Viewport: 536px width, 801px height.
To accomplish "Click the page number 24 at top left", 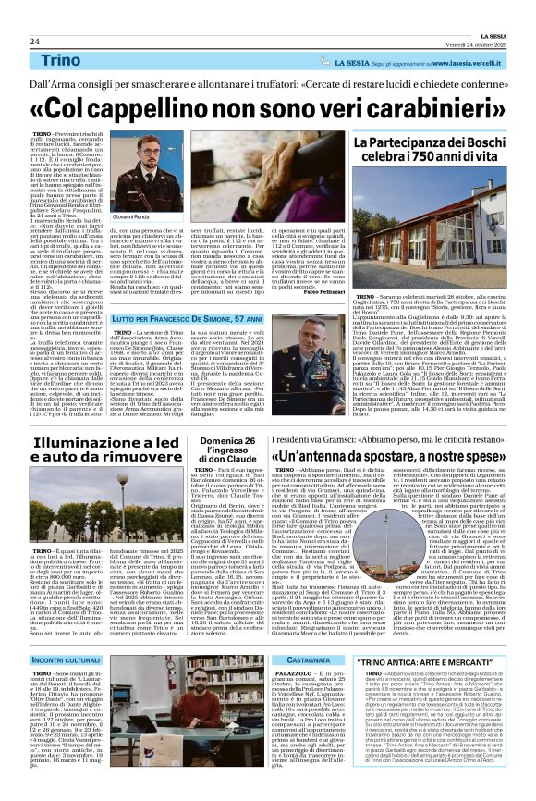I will (33, 42).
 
